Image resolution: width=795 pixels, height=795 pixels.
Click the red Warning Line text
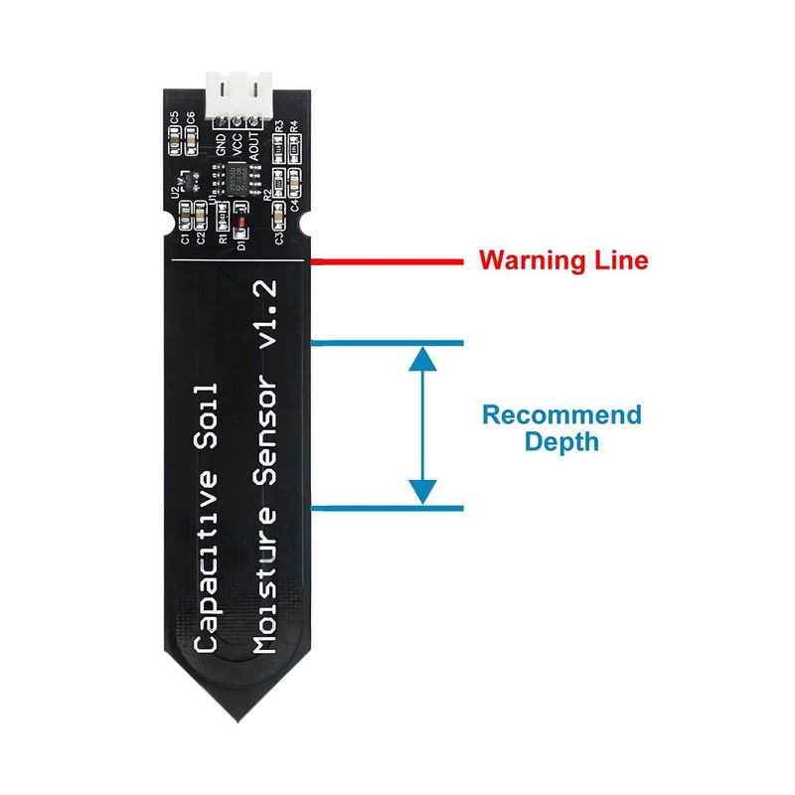563,261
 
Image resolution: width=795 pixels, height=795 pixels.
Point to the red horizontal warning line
388,262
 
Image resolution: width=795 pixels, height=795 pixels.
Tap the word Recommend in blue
561,414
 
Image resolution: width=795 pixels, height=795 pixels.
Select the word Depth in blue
562,441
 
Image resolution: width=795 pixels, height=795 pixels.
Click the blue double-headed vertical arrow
424,425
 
